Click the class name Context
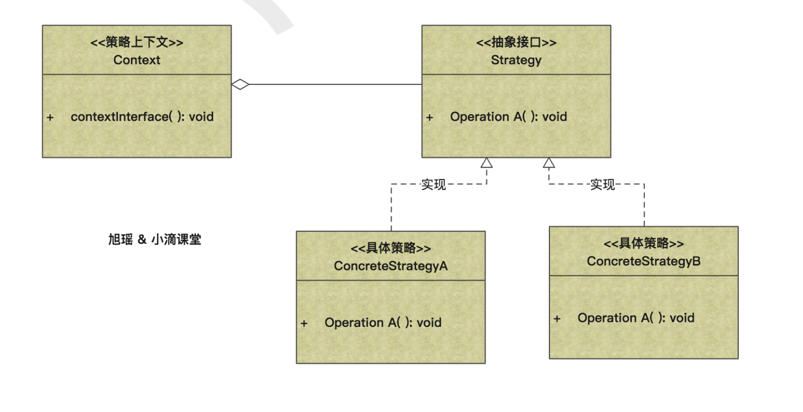click(136, 60)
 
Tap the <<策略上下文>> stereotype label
click(136, 42)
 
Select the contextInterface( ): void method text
click(142, 116)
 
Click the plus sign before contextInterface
click(50, 117)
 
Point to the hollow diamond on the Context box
click(240, 84)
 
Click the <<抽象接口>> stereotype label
click(516, 42)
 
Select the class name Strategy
click(516, 60)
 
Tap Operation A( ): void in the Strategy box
click(508, 116)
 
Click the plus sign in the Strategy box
click(429, 117)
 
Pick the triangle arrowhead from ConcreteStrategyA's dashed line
click(487, 163)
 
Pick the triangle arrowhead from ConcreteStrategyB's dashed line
click(549, 163)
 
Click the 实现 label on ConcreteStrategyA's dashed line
click(433, 184)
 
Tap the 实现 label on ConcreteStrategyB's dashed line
click(602, 184)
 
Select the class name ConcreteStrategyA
click(391, 266)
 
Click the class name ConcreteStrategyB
click(644, 261)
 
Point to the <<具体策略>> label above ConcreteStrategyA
click(391, 248)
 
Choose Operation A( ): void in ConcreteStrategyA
click(383, 322)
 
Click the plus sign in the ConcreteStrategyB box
click(557, 319)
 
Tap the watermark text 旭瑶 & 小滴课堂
click(155, 239)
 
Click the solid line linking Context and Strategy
click(335, 84)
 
